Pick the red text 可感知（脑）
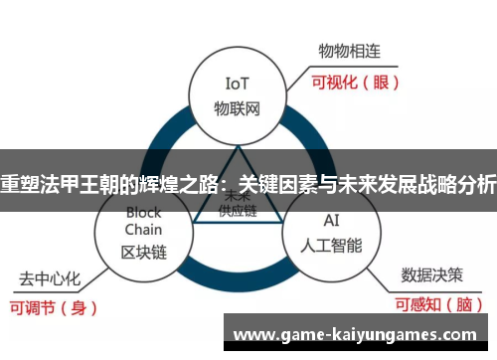pyautogui.click(x=438, y=305)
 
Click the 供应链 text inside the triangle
pyautogui.click(x=239, y=212)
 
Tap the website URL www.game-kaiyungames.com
pyautogui.click(x=360, y=333)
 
